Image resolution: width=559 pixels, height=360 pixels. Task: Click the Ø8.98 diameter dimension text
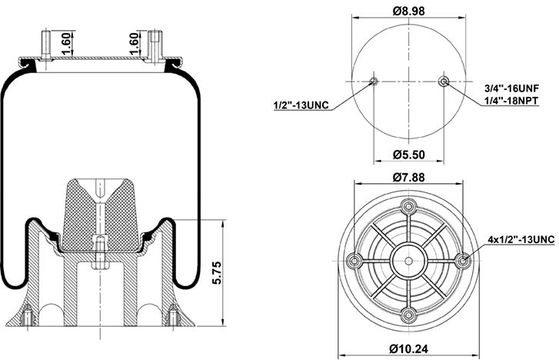click(408, 10)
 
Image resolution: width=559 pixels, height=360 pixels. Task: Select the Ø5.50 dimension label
click(409, 155)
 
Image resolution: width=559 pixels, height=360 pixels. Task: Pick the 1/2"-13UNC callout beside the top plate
click(301, 105)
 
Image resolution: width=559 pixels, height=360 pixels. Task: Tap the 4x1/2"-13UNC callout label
click(521, 240)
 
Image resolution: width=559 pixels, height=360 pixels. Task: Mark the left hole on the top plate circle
click(374, 82)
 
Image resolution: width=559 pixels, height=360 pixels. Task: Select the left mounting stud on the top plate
click(44, 42)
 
